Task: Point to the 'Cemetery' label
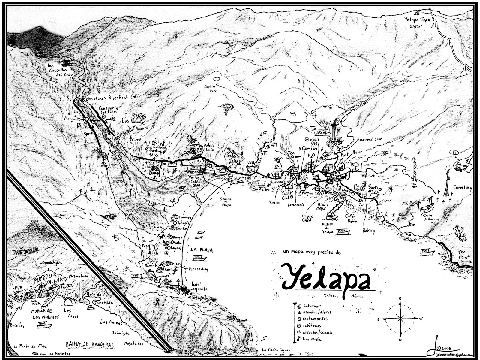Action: tap(463, 188)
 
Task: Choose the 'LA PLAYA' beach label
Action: tap(202, 250)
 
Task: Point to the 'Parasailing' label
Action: tap(198, 269)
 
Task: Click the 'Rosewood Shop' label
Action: tap(369, 140)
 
